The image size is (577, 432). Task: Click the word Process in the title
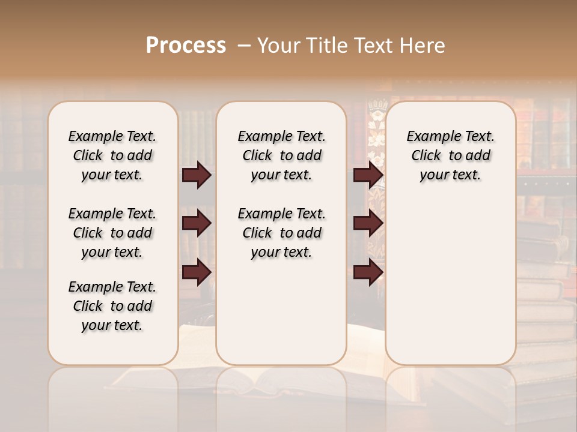186,46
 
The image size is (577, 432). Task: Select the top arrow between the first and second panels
197,175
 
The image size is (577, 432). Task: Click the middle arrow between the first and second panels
197,224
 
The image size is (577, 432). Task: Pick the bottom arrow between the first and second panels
197,273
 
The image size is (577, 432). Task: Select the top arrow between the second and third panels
368,175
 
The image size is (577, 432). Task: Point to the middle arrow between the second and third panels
368,224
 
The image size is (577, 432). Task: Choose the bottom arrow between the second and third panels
368,273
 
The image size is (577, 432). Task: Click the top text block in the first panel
112,155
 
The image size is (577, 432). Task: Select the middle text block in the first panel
112,233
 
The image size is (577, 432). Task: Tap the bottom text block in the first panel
112,306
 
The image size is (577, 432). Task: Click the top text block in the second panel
281,155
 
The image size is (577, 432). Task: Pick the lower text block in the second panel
281,233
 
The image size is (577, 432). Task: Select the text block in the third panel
450,155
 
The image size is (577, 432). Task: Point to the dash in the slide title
244,46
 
